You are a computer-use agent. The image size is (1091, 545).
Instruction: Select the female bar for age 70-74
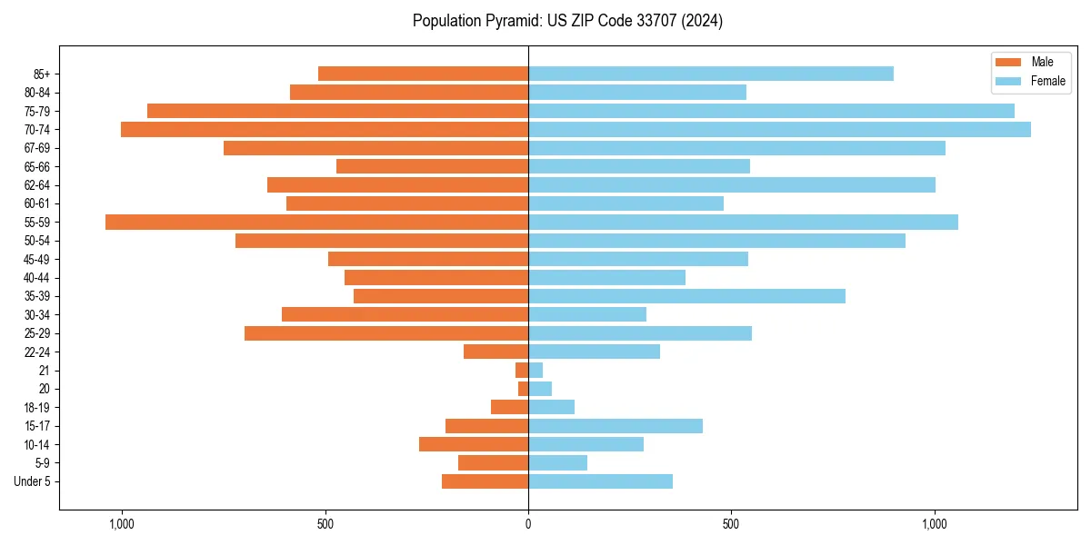[x=779, y=129]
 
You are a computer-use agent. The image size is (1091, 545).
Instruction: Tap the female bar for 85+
[x=710, y=74]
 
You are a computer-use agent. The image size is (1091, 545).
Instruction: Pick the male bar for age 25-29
[x=386, y=333]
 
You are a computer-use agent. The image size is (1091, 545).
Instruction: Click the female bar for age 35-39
[x=686, y=296]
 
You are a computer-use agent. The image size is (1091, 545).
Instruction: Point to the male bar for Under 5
[x=485, y=481]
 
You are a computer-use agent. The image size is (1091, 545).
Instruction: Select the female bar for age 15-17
[x=616, y=426]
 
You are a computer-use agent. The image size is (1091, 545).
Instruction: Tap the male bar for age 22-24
[x=495, y=352]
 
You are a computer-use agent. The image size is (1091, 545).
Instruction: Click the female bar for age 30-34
[x=587, y=314]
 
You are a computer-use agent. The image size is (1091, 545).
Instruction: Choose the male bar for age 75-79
[x=337, y=111]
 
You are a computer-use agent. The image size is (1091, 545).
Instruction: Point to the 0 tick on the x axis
[x=528, y=524]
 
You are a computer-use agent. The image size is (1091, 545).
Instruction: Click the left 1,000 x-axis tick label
[x=121, y=524]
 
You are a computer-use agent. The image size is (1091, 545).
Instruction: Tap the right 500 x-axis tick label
[x=731, y=524]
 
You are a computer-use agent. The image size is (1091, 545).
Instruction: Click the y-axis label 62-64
[x=37, y=185]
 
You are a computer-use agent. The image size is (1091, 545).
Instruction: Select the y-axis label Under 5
[x=32, y=481]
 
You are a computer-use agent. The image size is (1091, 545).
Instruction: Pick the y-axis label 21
[x=45, y=371]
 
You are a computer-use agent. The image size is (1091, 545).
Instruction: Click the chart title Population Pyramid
[x=567, y=21]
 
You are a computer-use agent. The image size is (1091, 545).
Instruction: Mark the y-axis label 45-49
[x=37, y=259]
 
